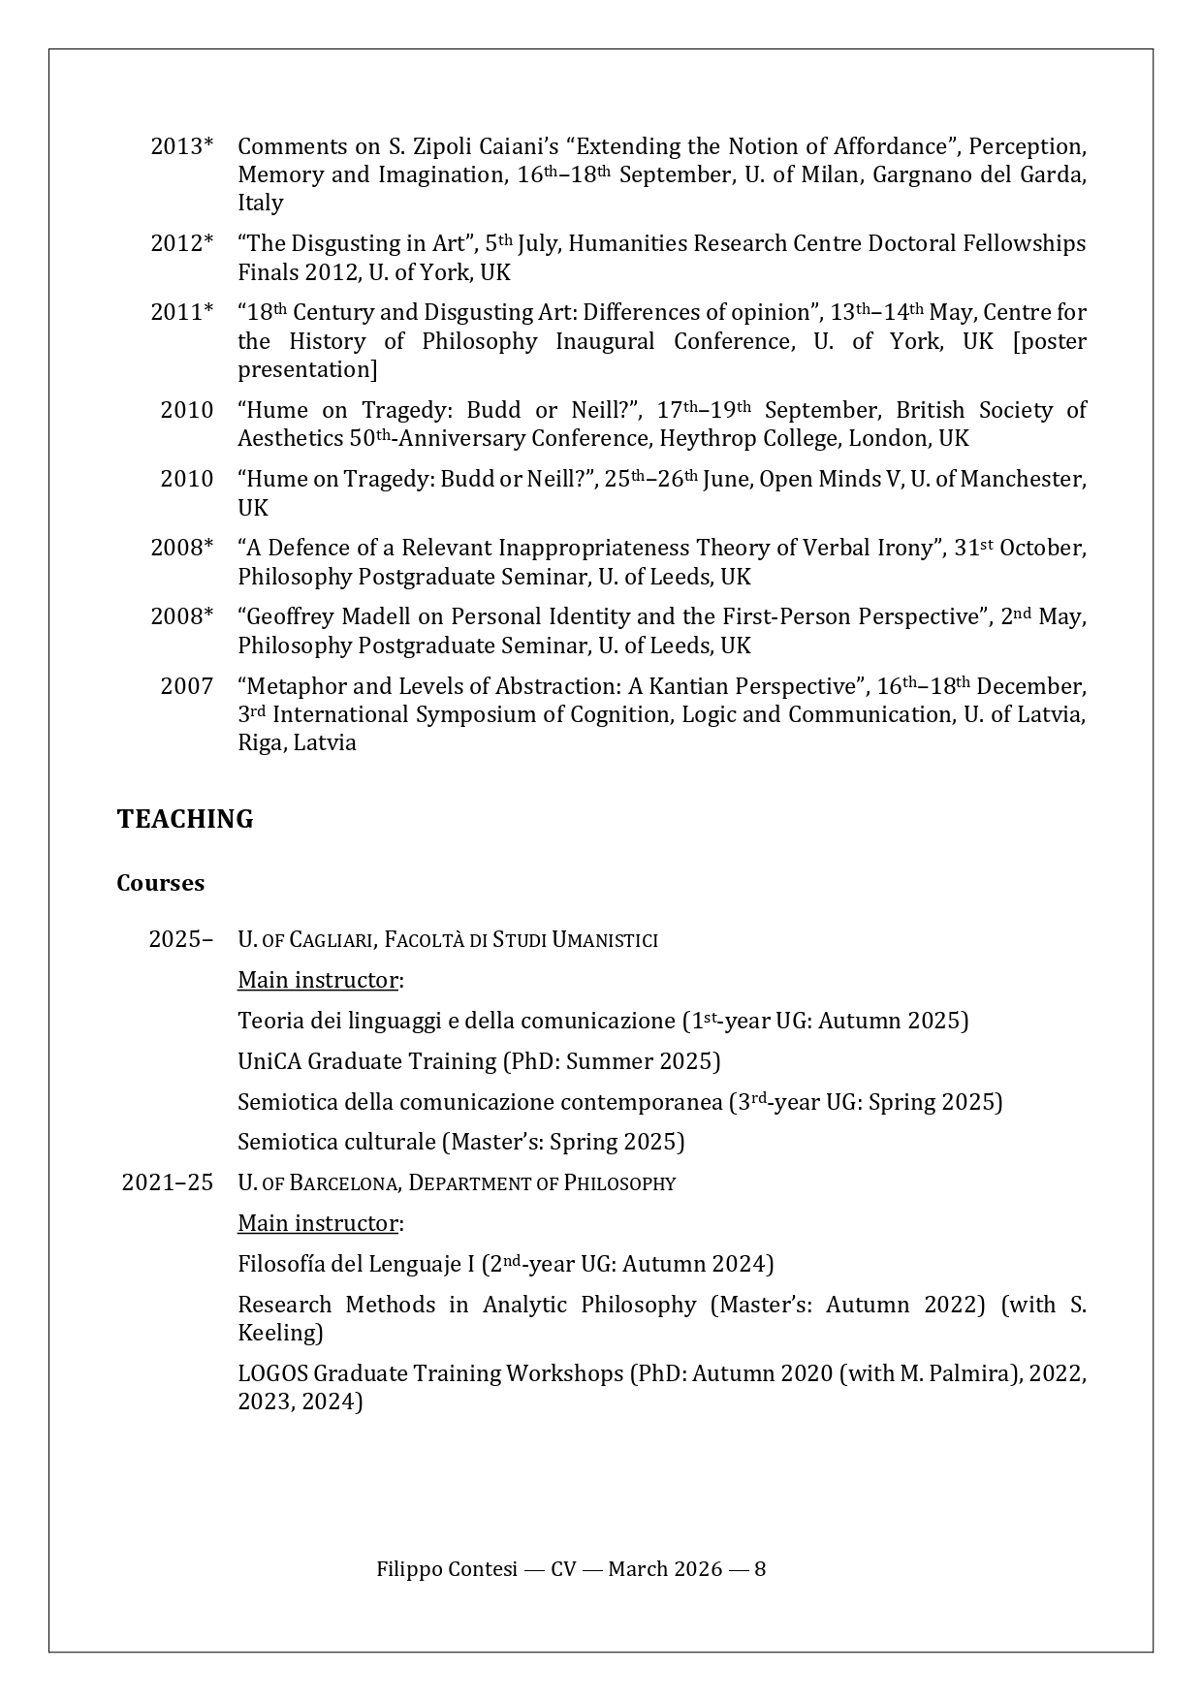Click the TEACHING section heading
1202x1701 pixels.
[x=184, y=819]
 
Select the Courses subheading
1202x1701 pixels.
[x=160, y=883]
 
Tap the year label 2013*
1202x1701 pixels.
[x=181, y=146]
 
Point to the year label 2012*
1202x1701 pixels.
[x=181, y=243]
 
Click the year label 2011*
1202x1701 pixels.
[x=181, y=312]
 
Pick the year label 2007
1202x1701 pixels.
[x=186, y=686]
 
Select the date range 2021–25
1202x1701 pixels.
[x=167, y=1182]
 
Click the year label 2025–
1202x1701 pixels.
[x=180, y=939]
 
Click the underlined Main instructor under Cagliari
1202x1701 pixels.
[x=318, y=980]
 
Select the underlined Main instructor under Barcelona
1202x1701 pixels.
[x=318, y=1223]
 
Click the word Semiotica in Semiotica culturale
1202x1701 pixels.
[x=288, y=1142]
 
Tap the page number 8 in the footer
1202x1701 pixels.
[x=760, y=1569]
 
